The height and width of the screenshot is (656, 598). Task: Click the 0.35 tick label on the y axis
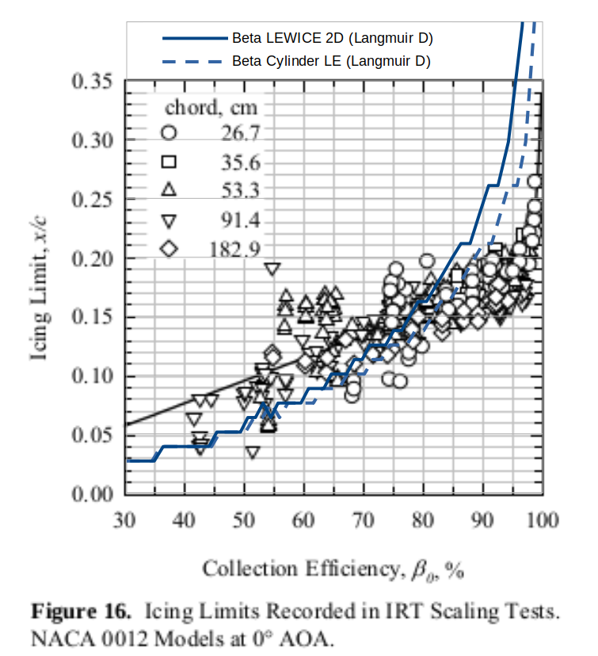pos(93,82)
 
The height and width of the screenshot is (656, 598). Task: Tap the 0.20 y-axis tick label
pos(93,259)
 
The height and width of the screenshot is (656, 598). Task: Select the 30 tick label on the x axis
pos(124,520)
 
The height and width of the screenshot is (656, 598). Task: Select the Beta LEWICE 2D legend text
pos(332,38)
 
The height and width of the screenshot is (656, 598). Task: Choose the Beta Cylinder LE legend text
pos(331,61)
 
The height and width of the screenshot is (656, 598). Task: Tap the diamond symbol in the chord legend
pos(169,249)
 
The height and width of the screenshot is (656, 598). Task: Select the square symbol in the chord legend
pos(169,162)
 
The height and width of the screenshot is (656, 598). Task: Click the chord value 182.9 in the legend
pos(235,249)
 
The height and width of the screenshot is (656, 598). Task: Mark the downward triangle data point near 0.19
pos(272,269)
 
